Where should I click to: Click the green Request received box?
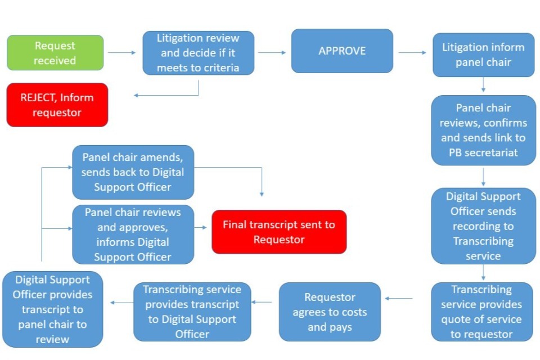(55, 53)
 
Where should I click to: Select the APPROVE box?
(342, 51)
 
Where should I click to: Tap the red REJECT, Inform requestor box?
(57, 105)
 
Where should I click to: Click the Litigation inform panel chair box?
(483, 55)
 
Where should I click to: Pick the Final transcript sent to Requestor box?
(278, 232)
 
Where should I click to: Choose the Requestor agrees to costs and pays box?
(330, 312)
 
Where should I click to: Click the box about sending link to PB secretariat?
(483, 130)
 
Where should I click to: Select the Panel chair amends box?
(133, 172)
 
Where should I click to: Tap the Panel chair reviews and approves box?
(133, 235)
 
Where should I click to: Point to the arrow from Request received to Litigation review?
(122, 53)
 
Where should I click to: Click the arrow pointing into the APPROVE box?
(272, 53)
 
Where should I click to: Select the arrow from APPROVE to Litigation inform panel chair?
(412, 53)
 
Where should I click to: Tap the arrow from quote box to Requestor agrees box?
(399, 299)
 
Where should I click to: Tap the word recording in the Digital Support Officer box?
(483, 226)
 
